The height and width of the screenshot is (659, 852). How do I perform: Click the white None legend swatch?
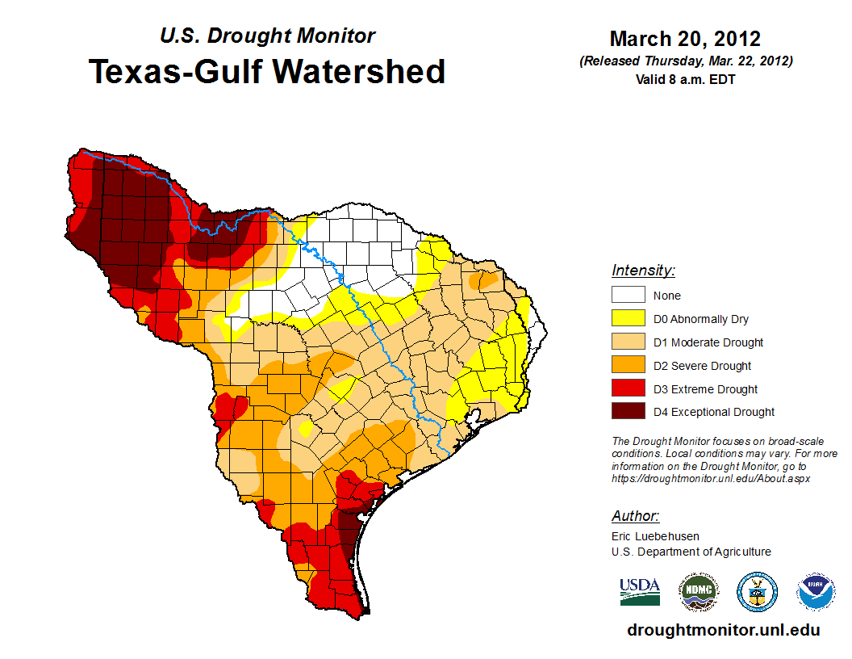click(628, 295)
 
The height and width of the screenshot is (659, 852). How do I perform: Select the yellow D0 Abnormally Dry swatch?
click(628, 318)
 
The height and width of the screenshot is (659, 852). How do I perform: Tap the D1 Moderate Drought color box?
click(628, 342)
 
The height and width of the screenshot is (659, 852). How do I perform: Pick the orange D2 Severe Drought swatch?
click(628, 365)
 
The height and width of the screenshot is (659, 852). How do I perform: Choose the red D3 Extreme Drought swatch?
click(628, 388)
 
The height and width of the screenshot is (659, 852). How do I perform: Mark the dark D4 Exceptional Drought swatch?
click(628, 412)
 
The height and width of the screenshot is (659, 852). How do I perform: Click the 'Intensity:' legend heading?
click(643, 271)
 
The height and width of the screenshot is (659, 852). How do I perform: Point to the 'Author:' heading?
click(635, 516)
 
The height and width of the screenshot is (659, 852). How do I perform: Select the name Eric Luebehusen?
click(655, 536)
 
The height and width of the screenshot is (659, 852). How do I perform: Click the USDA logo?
click(640, 591)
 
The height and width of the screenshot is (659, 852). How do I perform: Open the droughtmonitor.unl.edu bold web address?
click(723, 630)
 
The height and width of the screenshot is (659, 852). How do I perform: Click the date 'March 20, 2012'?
click(685, 39)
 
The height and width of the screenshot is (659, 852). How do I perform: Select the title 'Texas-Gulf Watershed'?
click(267, 71)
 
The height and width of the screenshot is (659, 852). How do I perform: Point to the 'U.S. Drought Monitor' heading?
click(267, 36)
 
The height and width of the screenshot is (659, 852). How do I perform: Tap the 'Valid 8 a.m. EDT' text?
click(685, 79)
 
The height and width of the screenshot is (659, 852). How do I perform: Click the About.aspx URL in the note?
click(711, 478)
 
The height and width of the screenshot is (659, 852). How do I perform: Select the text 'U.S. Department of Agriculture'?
click(691, 552)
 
